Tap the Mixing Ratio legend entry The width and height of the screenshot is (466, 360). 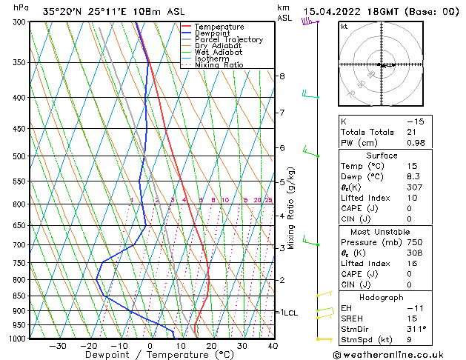(219, 65)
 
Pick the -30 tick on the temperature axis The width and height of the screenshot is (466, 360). (57, 346)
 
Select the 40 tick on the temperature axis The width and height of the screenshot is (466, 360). (273, 346)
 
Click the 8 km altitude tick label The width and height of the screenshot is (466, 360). (282, 76)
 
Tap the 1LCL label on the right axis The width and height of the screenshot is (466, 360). (288, 313)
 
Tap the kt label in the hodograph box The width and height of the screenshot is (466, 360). (344, 26)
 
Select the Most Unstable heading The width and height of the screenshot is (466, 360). (381, 231)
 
